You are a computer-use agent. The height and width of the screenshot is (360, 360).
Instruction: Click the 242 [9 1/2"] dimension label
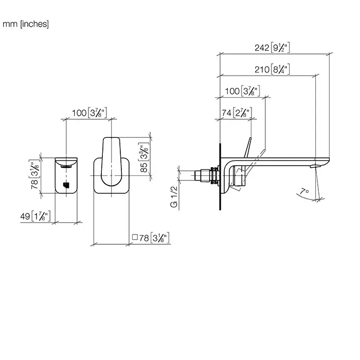pyautogui.click(x=273, y=48)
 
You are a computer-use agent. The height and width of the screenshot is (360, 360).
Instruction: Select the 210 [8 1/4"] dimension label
pyautogui.click(x=273, y=69)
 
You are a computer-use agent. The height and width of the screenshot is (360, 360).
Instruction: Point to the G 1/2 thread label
pyautogui.click(x=175, y=196)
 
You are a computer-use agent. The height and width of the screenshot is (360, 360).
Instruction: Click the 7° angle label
pyautogui.click(x=304, y=192)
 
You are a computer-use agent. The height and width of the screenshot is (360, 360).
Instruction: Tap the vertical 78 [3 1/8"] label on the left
pyautogui.click(x=34, y=175)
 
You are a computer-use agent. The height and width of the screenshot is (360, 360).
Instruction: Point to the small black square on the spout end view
pyautogui.click(x=65, y=185)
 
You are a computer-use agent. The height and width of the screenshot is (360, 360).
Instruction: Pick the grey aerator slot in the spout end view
pyautogui.click(x=67, y=166)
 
